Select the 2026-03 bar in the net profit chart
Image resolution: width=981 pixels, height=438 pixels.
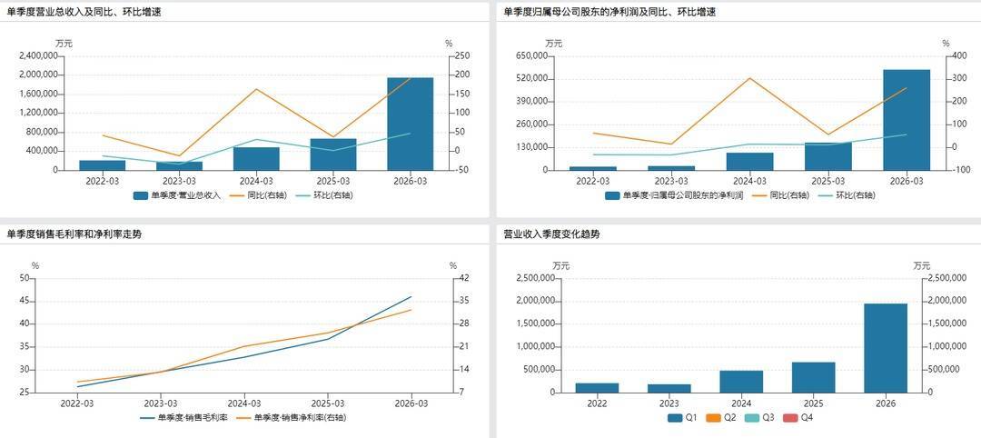click(906, 119)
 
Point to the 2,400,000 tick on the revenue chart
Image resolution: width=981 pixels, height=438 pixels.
click(38, 55)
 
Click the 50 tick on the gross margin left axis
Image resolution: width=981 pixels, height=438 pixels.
click(24, 278)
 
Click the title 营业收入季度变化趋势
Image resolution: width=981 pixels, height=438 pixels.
click(551, 234)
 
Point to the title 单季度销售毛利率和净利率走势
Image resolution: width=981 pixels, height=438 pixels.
click(74, 234)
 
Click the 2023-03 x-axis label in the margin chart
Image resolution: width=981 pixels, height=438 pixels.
click(161, 403)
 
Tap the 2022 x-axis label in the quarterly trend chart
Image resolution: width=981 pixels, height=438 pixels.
click(597, 403)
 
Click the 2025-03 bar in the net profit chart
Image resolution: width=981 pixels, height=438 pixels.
click(827, 156)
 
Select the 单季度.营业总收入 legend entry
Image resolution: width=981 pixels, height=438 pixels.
click(177, 194)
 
